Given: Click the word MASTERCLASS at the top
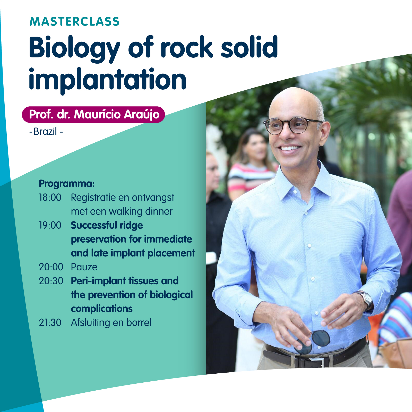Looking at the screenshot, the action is pos(74,21).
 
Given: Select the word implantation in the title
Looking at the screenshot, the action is pos(108,80).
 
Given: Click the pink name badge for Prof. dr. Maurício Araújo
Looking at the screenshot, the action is pos(93,115).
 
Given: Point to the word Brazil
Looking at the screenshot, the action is pos(45,132).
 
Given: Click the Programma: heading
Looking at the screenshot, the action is pos(67,184).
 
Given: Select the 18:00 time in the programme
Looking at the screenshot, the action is pos(50,198).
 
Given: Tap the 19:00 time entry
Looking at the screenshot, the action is pos(50,225).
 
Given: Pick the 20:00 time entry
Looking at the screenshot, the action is pos(51,267).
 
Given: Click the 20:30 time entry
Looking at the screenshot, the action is pos(51,281).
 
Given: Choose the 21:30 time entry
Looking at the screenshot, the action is pos(50,323).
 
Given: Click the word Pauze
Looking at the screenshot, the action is pos(84,267).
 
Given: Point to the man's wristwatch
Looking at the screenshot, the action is pos(367,300).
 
